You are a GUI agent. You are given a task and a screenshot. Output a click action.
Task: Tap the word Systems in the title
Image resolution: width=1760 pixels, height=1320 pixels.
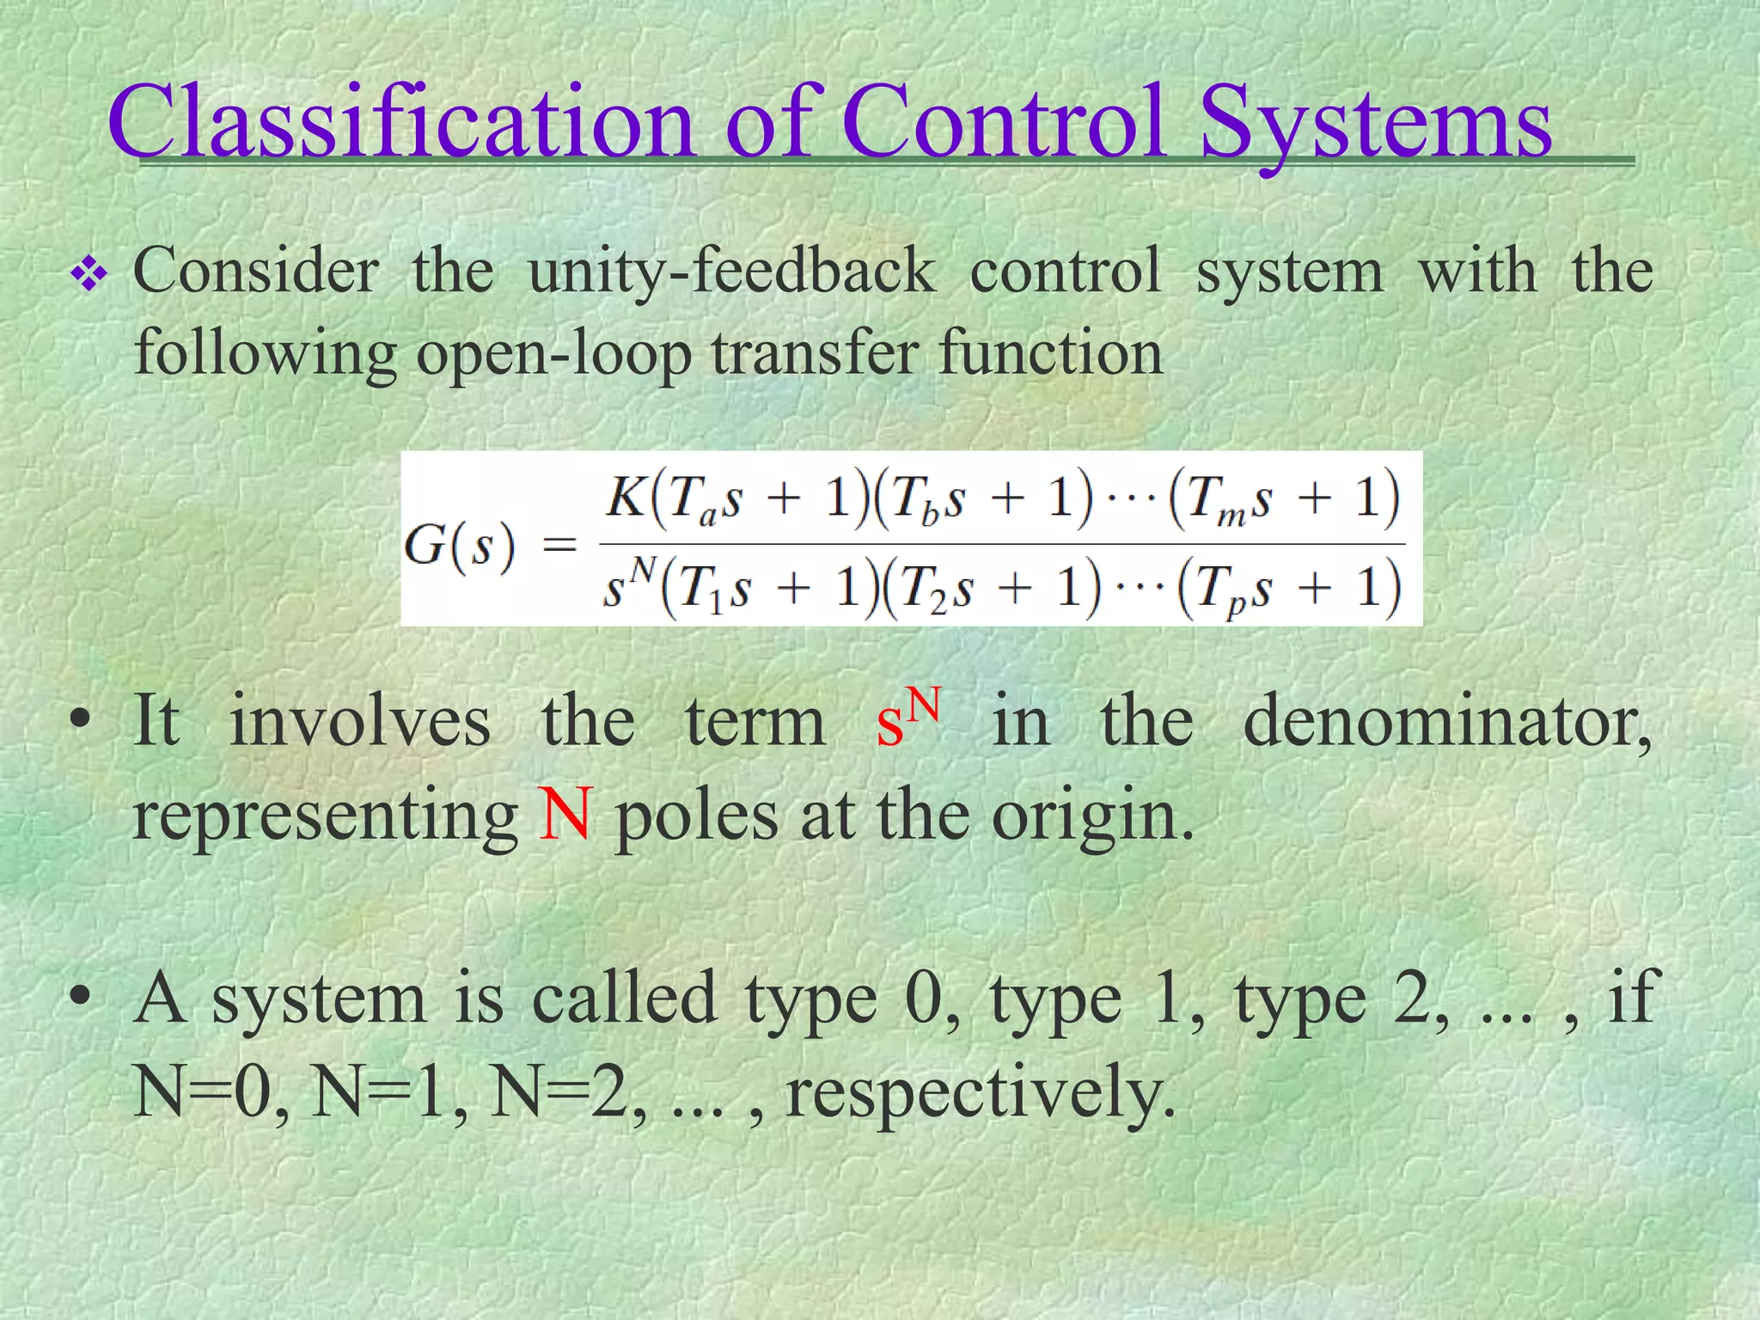(x=1375, y=122)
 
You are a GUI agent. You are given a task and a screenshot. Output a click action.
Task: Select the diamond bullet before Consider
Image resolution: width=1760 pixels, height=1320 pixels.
(x=89, y=277)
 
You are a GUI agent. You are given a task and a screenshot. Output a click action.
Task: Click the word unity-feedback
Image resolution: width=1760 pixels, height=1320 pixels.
(x=731, y=272)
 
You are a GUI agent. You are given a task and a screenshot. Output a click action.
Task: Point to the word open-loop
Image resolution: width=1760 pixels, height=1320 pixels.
(x=554, y=355)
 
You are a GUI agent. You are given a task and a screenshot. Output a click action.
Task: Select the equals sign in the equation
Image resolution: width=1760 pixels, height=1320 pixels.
(x=559, y=544)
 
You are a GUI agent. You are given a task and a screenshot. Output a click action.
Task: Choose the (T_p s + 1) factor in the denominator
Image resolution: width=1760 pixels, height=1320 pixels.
(x=1289, y=590)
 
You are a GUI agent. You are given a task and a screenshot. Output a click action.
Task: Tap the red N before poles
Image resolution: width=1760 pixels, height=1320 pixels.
(x=565, y=814)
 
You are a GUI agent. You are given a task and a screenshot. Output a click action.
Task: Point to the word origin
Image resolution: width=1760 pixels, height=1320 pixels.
(x=1091, y=816)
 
